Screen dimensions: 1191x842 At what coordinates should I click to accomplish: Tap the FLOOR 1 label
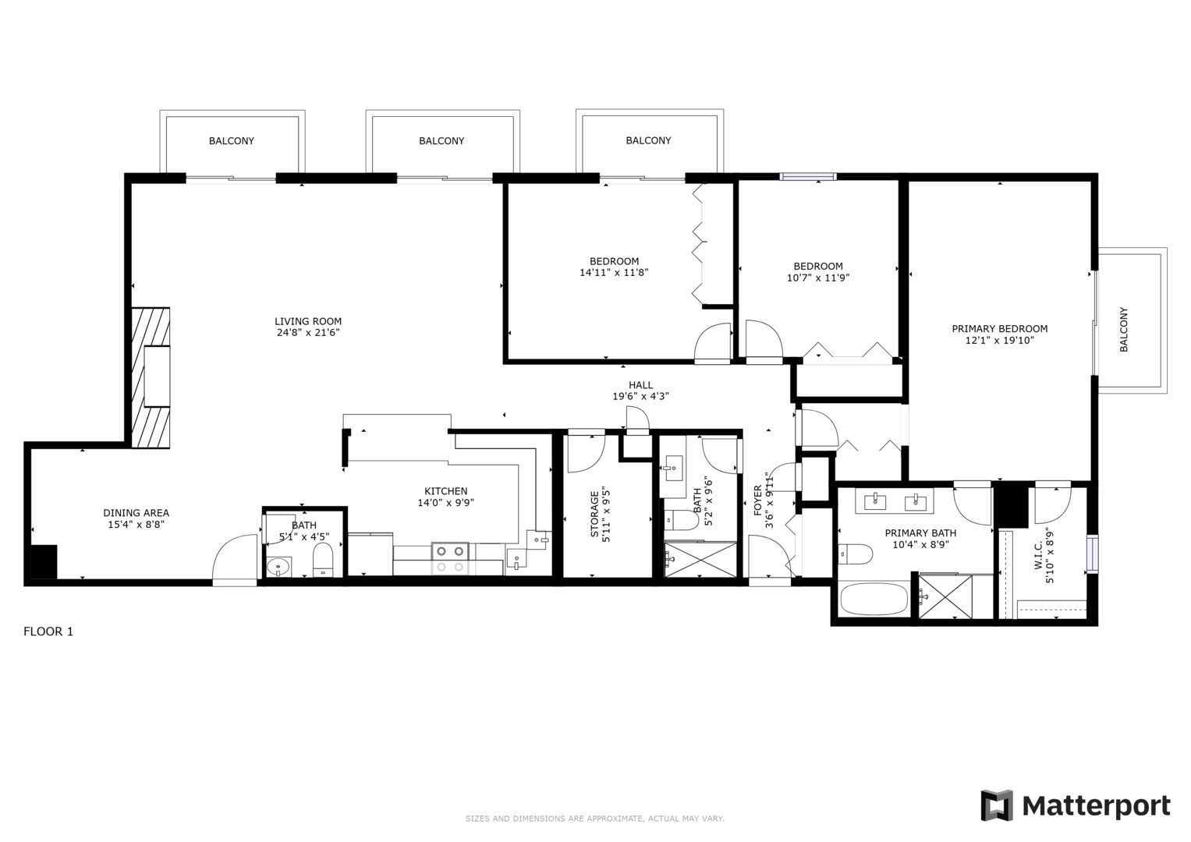point(48,631)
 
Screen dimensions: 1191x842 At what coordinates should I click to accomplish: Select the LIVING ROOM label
point(308,321)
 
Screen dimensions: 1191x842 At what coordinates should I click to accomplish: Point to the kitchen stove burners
point(450,559)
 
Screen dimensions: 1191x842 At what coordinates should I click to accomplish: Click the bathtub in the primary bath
point(874,599)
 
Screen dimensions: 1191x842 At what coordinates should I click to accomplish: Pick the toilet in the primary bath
point(856,554)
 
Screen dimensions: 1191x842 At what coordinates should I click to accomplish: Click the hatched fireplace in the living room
point(151,378)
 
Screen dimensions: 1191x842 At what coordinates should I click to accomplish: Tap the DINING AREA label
point(136,513)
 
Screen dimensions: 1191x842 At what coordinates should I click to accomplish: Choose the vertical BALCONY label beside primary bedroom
point(1123,330)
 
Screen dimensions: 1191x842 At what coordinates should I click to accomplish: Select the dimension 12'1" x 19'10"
point(1000,340)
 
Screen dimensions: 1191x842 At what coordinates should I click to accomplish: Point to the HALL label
point(640,385)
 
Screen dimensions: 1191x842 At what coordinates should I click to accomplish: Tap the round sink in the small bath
point(278,568)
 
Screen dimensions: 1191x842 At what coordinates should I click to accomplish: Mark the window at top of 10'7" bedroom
point(808,176)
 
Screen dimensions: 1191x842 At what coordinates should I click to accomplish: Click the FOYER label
point(757,501)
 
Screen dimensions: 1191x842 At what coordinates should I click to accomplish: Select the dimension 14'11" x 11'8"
point(614,273)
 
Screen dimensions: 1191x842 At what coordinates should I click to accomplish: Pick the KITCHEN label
point(445,491)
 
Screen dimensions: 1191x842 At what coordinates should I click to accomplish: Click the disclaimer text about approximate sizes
point(595,819)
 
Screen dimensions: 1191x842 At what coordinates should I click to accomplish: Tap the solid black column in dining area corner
point(44,562)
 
